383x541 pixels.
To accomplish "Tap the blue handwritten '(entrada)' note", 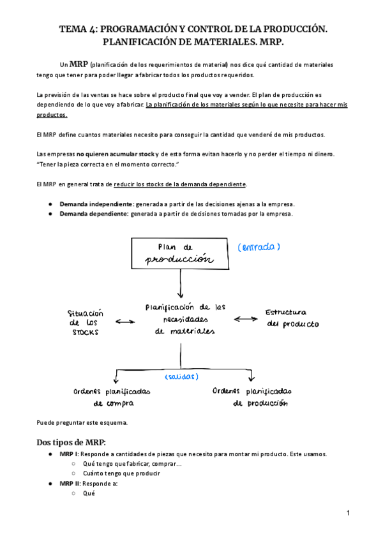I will [x=259, y=247].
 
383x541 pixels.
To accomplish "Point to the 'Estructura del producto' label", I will [x=292, y=318].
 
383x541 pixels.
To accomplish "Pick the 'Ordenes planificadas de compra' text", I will [x=112, y=397].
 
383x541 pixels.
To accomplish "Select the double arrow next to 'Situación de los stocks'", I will [x=126, y=322].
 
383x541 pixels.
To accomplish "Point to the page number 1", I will [x=349, y=514].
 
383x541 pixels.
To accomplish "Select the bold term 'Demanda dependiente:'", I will [x=94, y=214].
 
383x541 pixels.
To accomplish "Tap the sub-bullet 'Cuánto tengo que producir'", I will [x=121, y=473].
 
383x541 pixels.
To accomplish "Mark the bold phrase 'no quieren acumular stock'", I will [x=116, y=154].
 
